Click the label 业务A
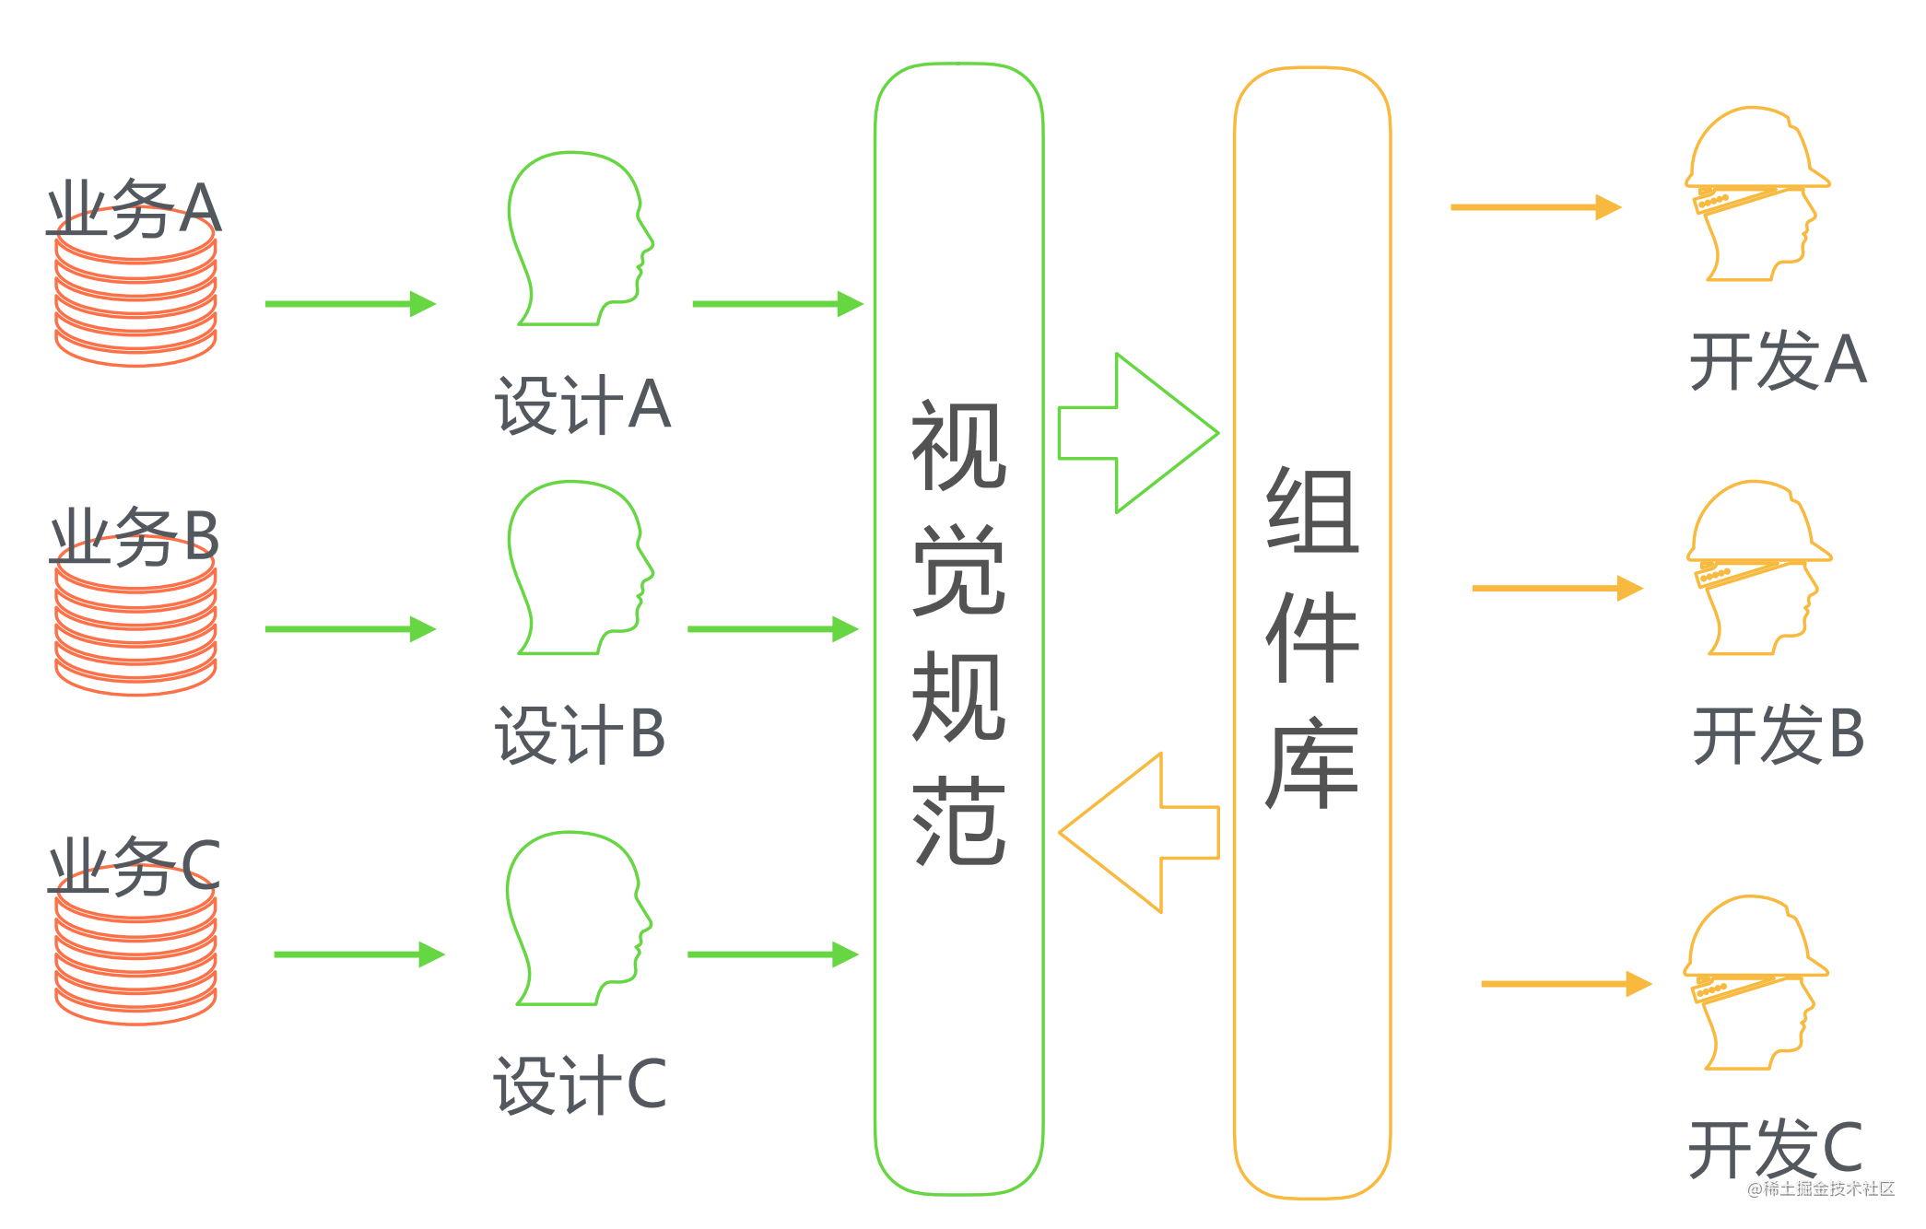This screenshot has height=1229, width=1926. [x=135, y=208]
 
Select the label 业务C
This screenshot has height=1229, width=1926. [x=135, y=866]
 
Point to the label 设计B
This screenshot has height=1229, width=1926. [x=580, y=734]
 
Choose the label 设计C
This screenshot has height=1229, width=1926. [x=580, y=1084]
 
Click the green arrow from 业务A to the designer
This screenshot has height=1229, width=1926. [x=350, y=303]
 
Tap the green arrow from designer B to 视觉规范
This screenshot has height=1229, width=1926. [x=773, y=629]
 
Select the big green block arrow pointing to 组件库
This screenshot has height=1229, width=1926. [x=1138, y=433]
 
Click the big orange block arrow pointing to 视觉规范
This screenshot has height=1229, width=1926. [x=1139, y=833]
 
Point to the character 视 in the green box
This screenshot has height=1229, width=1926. [x=958, y=446]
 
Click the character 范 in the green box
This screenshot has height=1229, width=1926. [x=958, y=821]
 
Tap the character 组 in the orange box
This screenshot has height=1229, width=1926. [x=1312, y=509]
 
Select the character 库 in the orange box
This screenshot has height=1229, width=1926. [x=1312, y=763]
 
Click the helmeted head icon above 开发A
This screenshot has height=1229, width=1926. [x=1757, y=193]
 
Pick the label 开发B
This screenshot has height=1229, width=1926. [x=1779, y=734]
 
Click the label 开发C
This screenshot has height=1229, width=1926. [x=1776, y=1148]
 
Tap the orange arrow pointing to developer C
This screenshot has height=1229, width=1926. [x=1567, y=984]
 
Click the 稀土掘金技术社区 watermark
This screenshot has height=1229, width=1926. [x=1821, y=1188]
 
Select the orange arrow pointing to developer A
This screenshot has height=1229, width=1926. [x=1536, y=207]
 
